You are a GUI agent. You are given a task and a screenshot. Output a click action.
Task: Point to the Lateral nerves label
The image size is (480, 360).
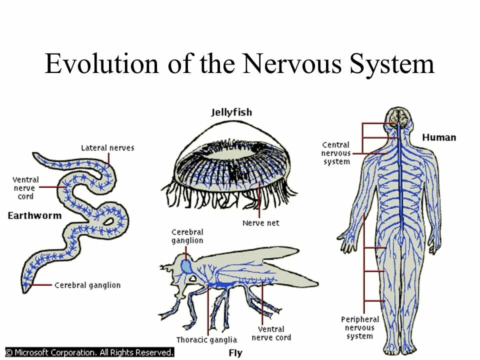pyautogui.click(x=107, y=147)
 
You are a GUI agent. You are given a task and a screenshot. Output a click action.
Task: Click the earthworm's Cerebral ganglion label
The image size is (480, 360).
pyautogui.click(x=87, y=285)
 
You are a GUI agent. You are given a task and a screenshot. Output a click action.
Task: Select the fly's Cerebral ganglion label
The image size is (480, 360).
pyautogui.click(x=187, y=236)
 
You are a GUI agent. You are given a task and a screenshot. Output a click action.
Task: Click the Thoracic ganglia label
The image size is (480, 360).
pyautogui.click(x=206, y=340)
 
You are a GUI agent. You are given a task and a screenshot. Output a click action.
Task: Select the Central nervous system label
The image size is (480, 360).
pyautogui.click(x=336, y=153)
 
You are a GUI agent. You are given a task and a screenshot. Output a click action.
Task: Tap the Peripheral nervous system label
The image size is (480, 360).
pyautogui.click(x=360, y=327)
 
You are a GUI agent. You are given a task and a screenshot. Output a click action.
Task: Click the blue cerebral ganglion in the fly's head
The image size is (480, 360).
pyautogui.click(x=187, y=265)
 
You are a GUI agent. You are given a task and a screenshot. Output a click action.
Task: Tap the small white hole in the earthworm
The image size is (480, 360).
pyautogui.click(x=108, y=221)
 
